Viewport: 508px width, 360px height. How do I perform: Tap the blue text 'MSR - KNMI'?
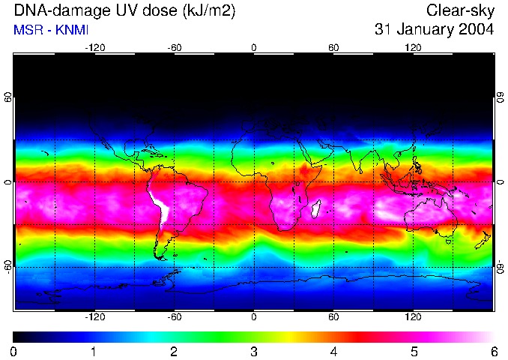coord(51,30)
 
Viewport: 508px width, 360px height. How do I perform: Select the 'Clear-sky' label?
coord(460,10)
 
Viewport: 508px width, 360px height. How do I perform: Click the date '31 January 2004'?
coord(435,30)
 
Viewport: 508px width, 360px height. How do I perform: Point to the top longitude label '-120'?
coord(94,48)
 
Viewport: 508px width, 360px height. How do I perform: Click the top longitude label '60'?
coord(333,48)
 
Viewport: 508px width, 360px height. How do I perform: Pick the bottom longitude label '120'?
coord(413,316)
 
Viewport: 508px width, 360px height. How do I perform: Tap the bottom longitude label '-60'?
coord(174,316)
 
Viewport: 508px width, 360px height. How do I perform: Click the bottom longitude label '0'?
coord(254,316)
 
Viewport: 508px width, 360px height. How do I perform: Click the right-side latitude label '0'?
coord(499,183)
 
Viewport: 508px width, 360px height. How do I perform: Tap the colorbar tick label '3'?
coord(253,351)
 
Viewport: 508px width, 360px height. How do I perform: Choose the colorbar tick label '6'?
coord(493,351)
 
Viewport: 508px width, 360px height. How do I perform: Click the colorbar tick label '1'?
coord(94,351)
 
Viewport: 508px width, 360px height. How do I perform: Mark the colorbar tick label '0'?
coord(14,351)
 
